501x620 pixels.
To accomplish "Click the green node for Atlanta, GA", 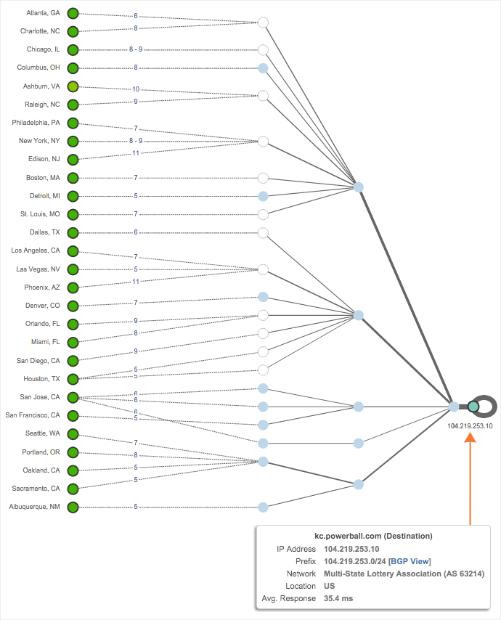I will pyautogui.click(x=73, y=13).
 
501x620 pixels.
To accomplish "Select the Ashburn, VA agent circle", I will pyautogui.click(x=73, y=86).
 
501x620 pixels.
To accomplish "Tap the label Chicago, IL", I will pyautogui.click(x=43, y=49).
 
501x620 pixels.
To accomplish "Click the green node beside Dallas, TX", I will pyautogui.click(x=73, y=232).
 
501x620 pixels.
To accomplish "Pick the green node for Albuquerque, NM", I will pyautogui.click(x=73, y=507).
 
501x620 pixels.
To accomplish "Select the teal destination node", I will pyautogui.click(x=473, y=407).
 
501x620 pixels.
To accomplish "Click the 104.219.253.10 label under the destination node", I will pyautogui.click(x=470, y=426).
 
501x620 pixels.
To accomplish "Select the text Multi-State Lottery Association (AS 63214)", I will pyautogui.click(x=404, y=574).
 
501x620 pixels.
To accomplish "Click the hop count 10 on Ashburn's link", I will pyautogui.click(x=136, y=89).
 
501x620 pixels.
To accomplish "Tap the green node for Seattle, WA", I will pyautogui.click(x=73, y=433).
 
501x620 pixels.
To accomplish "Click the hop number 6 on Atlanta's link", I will pyautogui.click(x=136, y=16).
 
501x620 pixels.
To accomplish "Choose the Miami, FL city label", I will pyautogui.click(x=44, y=342).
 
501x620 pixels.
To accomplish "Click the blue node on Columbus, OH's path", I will pyautogui.click(x=264, y=68).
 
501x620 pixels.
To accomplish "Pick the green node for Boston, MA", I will pyautogui.click(x=73, y=177).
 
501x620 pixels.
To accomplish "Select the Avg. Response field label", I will pyautogui.click(x=288, y=598).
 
